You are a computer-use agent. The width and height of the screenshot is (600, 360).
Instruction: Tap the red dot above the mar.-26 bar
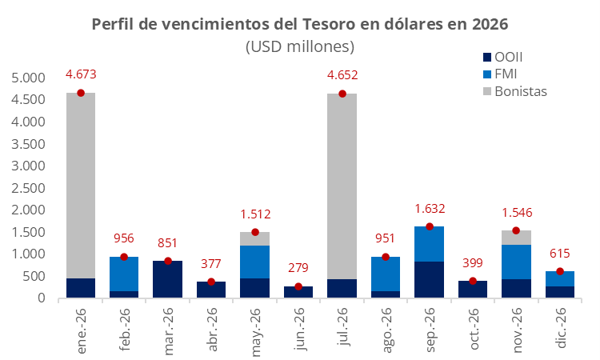pyautogui.click(x=168, y=261)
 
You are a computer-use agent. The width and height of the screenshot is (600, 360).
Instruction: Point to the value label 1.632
pyautogui.click(x=430, y=208)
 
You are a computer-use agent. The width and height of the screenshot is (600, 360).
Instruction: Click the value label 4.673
pyautogui.click(x=81, y=75)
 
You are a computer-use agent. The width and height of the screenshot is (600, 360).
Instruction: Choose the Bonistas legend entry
pyautogui.click(x=520, y=90)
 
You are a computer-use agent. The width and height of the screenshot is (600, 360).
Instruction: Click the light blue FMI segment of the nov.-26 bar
pyautogui.click(x=517, y=262)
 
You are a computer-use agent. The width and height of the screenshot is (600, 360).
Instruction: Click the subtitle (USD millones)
pyautogui.click(x=299, y=46)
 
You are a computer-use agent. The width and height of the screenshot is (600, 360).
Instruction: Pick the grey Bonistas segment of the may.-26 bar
pyautogui.click(x=255, y=238)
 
